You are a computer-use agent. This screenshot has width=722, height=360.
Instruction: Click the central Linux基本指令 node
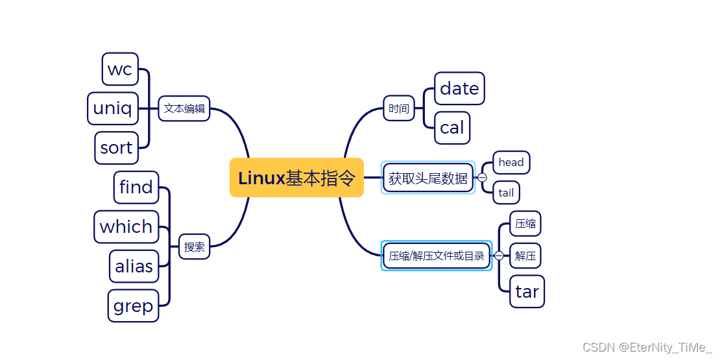(x=296, y=178)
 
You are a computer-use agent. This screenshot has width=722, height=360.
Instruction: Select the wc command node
(x=120, y=69)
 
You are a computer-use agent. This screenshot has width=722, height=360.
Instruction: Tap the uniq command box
(x=113, y=108)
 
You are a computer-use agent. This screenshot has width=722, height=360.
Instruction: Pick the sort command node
(x=116, y=148)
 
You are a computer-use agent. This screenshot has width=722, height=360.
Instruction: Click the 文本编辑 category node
(x=184, y=108)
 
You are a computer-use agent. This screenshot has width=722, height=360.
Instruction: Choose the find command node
(x=136, y=187)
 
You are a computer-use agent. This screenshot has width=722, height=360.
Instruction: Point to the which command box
(x=126, y=227)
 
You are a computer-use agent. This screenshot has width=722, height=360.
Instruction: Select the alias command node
(x=134, y=267)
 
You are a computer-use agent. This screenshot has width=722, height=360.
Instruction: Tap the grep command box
(x=133, y=306)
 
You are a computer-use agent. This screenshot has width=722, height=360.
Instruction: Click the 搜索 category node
(x=194, y=246)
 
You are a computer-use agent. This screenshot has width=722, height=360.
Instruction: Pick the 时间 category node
(x=399, y=108)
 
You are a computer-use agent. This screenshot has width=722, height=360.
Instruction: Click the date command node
(x=459, y=89)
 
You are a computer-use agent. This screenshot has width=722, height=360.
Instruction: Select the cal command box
(x=452, y=128)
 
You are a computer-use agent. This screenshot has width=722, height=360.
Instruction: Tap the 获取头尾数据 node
(x=428, y=178)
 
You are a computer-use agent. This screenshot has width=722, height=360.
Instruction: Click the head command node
(x=511, y=162)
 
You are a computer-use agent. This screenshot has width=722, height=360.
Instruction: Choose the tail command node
(x=506, y=193)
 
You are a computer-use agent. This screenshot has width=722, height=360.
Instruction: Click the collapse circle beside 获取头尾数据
(x=483, y=178)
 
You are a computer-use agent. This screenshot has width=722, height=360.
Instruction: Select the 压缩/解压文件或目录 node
(x=437, y=256)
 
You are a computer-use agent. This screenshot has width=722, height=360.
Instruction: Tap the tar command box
(x=527, y=292)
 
